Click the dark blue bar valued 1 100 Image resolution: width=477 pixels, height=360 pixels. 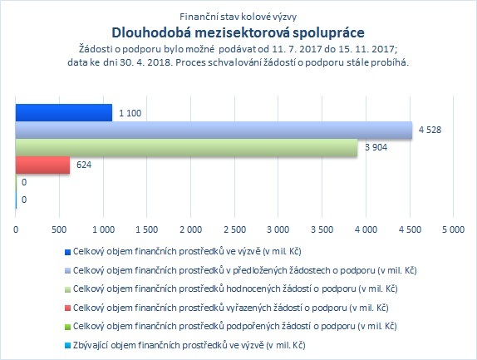pos(64,112)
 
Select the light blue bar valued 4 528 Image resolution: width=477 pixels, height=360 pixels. pos(214,131)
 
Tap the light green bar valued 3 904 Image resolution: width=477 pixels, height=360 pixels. pos(186,148)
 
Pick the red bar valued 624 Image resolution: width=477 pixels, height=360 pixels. pos(42,165)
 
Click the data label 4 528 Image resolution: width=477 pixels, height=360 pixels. pos(430,130)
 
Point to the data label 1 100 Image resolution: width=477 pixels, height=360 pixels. pos(130,113)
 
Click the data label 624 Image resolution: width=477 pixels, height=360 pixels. pos(84,165)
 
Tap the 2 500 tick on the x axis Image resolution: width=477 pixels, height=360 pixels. pos(234,229)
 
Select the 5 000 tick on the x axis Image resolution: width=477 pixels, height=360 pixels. pos(453,229)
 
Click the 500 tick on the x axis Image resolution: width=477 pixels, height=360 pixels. pos(59,229)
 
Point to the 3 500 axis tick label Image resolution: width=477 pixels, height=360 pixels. pos(322,229)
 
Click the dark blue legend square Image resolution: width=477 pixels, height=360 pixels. pos(67,252)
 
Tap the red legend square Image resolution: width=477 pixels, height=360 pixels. pos(67,308)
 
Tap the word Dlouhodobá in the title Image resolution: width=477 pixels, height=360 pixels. pos(151,33)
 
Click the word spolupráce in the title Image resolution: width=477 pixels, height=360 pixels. pos(328,33)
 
